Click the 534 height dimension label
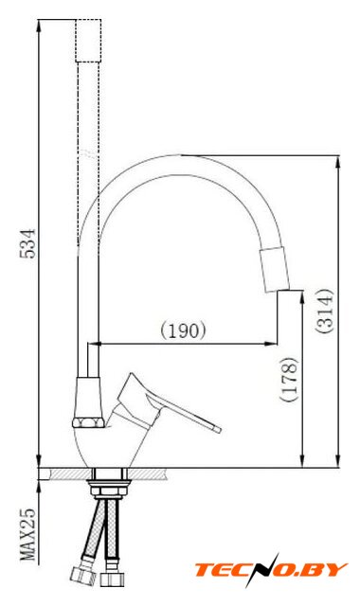click(x=27, y=243)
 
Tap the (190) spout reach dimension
click(x=183, y=330)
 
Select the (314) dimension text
click(x=324, y=311)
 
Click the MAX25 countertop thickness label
click(x=27, y=534)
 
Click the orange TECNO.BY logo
click(x=271, y=570)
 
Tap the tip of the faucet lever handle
click(x=219, y=429)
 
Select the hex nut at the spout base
click(x=88, y=422)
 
